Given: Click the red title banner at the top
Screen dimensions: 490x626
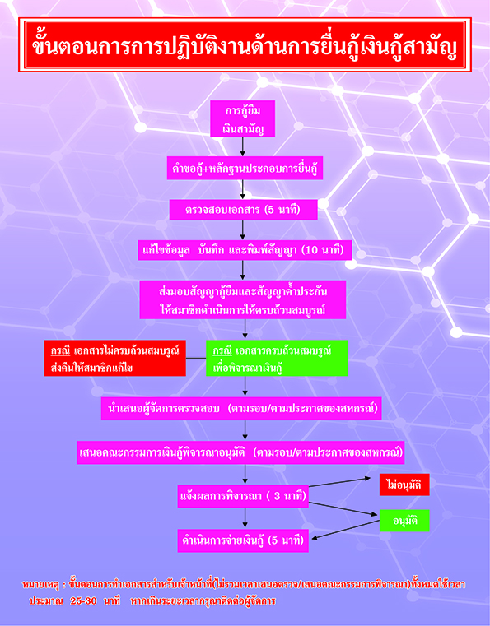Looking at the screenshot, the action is tap(245, 44).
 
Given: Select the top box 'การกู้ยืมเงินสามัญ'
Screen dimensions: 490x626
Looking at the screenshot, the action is tap(243, 119).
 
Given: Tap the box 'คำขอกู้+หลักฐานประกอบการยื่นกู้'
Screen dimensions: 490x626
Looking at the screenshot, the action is tap(245, 168).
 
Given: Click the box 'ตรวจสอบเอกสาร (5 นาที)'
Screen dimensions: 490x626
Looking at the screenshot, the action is tap(243, 210).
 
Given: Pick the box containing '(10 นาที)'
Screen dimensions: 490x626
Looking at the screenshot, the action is tap(245, 250).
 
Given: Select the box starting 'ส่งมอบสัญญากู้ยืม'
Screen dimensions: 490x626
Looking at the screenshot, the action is tap(243, 299).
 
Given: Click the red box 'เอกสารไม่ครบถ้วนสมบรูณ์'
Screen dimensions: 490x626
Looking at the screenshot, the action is tap(114, 358).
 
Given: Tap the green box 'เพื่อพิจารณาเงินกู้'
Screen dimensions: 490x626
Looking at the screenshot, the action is tap(277, 358).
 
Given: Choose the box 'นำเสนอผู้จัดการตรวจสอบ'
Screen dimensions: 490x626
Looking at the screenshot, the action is tap(241, 408).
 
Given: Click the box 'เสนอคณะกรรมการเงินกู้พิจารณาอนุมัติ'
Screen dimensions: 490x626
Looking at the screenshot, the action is tap(240, 452).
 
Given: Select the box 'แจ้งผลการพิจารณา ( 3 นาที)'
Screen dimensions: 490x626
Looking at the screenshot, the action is tap(243, 496).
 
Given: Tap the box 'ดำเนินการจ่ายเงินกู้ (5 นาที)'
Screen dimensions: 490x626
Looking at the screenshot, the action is tap(243, 540).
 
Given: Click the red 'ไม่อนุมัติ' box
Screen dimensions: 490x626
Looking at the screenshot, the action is tap(404, 485).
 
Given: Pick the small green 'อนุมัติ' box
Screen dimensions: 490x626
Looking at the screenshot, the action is tap(404, 521).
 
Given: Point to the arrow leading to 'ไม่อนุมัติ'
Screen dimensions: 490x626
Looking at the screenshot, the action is tap(340, 482).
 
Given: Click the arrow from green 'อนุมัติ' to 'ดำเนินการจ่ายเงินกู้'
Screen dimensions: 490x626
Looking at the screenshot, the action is tap(345, 530).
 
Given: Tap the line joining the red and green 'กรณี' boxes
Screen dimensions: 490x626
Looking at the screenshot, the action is tap(196, 358).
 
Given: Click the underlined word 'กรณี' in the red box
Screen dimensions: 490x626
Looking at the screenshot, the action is tap(60, 351).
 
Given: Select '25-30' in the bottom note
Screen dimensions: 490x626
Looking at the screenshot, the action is tap(83, 600).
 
